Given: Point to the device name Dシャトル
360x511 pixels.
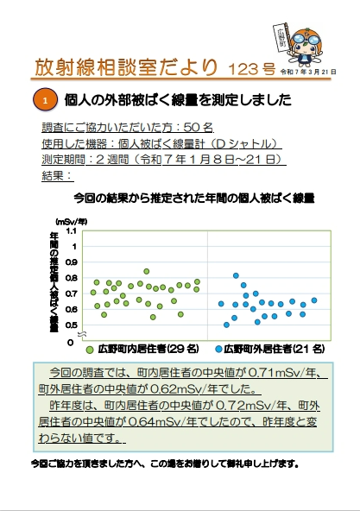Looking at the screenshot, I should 222,143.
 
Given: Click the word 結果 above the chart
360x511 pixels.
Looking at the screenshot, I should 55,175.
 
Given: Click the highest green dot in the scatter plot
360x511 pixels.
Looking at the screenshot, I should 147,271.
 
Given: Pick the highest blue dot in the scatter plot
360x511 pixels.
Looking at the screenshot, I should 236,276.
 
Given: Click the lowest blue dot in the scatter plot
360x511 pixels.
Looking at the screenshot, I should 226,325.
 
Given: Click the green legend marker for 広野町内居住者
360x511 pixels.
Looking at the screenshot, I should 90,350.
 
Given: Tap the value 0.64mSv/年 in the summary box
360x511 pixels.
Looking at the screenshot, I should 160,421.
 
